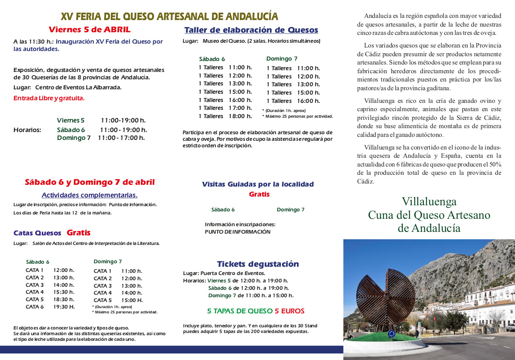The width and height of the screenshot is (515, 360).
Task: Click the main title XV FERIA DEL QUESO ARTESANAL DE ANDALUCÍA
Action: [169, 17]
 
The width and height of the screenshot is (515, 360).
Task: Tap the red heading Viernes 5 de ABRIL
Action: [89, 30]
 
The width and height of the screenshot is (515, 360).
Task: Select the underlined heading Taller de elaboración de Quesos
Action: [251, 30]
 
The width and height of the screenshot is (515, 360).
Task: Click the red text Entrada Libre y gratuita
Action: [49, 98]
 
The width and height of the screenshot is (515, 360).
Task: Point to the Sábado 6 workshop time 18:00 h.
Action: [240, 116]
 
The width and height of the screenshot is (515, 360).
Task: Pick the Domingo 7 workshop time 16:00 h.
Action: [308, 101]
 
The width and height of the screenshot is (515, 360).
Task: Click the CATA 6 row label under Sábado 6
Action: [35, 307]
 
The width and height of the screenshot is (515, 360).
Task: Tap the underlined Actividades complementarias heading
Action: [90, 195]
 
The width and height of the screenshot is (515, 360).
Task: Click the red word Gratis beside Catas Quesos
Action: [78, 233]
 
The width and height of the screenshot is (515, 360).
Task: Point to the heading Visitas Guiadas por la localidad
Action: [258, 184]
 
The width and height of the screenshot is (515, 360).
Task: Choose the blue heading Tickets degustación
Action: [258, 264]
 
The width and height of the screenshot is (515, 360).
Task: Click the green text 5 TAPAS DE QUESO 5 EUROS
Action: [256, 311]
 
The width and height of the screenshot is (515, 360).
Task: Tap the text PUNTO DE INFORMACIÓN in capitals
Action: [238, 232]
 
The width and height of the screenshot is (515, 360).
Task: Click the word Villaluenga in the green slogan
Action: [429, 202]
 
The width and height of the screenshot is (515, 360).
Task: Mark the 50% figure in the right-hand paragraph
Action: [494, 164]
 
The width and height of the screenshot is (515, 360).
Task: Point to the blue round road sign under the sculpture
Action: [391, 334]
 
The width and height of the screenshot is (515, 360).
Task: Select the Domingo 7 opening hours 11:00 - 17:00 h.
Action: [121, 138]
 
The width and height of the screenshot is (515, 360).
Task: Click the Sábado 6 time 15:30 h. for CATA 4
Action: [64, 292]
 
